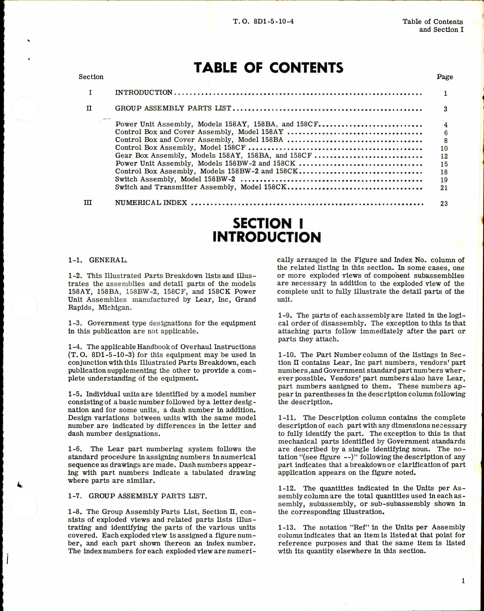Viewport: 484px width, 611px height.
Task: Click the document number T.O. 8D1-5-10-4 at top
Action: pyautogui.click(x=263, y=22)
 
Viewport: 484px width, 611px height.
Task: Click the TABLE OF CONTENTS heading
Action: pyautogui.click(x=269, y=68)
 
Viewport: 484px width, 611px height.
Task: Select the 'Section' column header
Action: pyautogui.click(x=91, y=77)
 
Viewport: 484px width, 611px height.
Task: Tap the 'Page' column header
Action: pyautogui.click(x=444, y=77)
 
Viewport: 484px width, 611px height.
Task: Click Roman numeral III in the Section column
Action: pyautogui.click(x=88, y=203)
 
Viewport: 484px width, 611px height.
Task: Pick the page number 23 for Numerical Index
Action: pyautogui.click(x=444, y=204)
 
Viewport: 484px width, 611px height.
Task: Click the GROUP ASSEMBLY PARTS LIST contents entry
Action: pyautogui.click(x=173, y=108)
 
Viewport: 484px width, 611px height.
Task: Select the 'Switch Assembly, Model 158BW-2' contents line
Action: pyautogui.click(x=175, y=179)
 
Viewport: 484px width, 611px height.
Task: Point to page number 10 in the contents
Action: pyautogui.click(x=444, y=149)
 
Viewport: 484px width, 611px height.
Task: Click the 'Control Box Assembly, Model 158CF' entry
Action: pyautogui.click(x=180, y=148)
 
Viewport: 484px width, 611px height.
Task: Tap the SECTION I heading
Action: pyautogui.click(x=268, y=223)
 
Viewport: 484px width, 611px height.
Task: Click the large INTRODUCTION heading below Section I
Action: pyautogui.click(x=266, y=237)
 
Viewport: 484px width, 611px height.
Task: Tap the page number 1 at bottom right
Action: pyautogui.click(x=463, y=581)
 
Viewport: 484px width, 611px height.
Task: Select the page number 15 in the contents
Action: pyautogui.click(x=444, y=164)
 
